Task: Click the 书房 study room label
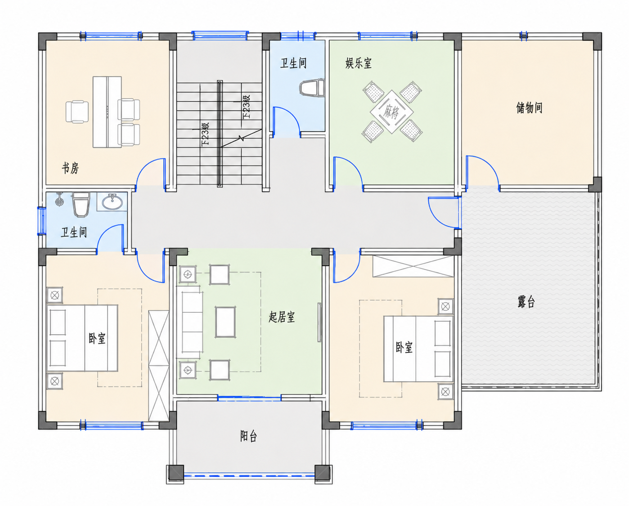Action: pyautogui.click(x=70, y=168)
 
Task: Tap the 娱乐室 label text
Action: pyautogui.click(x=358, y=63)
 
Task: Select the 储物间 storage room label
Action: pyautogui.click(x=529, y=107)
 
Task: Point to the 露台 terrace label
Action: pyautogui.click(x=526, y=302)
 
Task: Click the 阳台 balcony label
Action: pyautogui.click(x=248, y=436)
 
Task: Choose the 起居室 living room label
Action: pyautogui.click(x=282, y=317)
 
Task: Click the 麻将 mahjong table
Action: pyautogui.click(x=392, y=112)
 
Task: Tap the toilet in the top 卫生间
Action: pyautogui.click(x=312, y=88)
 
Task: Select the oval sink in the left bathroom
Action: pyautogui.click(x=112, y=202)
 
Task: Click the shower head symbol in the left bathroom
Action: pyautogui.click(x=59, y=200)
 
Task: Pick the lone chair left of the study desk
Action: pyautogui.click(x=77, y=112)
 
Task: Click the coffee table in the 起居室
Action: pyautogui.click(x=225, y=322)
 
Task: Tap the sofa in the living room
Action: pyautogui.click(x=190, y=322)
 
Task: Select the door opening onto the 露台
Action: pyautogui.click(x=443, y=212)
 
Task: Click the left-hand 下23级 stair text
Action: pyautogui.click(x=206, y=134)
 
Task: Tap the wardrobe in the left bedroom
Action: pyautogui.click(x=159, y=366)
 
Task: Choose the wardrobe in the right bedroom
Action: pyautogui.click(x=413, y=266)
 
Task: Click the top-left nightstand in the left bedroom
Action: pyautogui.click(x=54, y=296)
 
